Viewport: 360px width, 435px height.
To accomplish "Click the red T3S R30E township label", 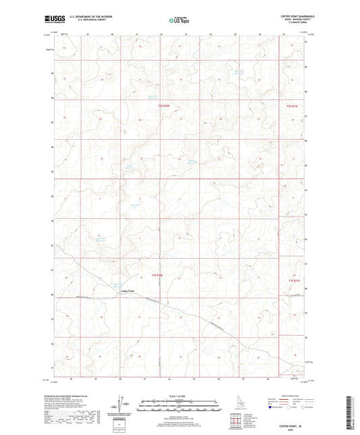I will [158, 276].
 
